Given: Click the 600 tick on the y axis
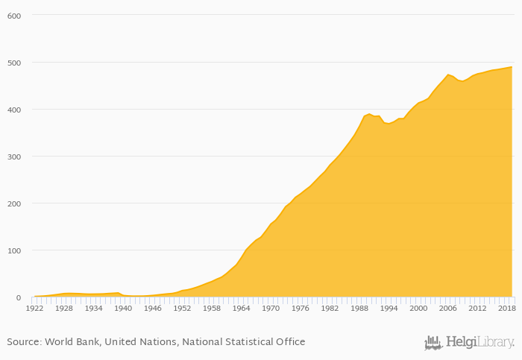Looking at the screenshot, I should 13,16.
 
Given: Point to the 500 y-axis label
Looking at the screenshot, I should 13,63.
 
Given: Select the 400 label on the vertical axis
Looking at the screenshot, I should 13,110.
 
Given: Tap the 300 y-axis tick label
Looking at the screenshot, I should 13,157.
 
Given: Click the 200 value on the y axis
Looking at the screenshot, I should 13,203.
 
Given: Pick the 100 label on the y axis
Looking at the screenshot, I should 13,250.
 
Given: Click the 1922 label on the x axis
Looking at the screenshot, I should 34,307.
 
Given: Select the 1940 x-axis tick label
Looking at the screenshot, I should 123,307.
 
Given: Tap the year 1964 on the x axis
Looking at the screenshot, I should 241,307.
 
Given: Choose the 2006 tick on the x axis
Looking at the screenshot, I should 447,307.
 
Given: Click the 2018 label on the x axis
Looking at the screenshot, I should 506,307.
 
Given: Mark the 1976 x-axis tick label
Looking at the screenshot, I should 300,307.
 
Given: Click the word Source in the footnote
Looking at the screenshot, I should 23,342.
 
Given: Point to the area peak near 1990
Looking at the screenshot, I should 369,114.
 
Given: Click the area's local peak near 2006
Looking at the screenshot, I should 448,75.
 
